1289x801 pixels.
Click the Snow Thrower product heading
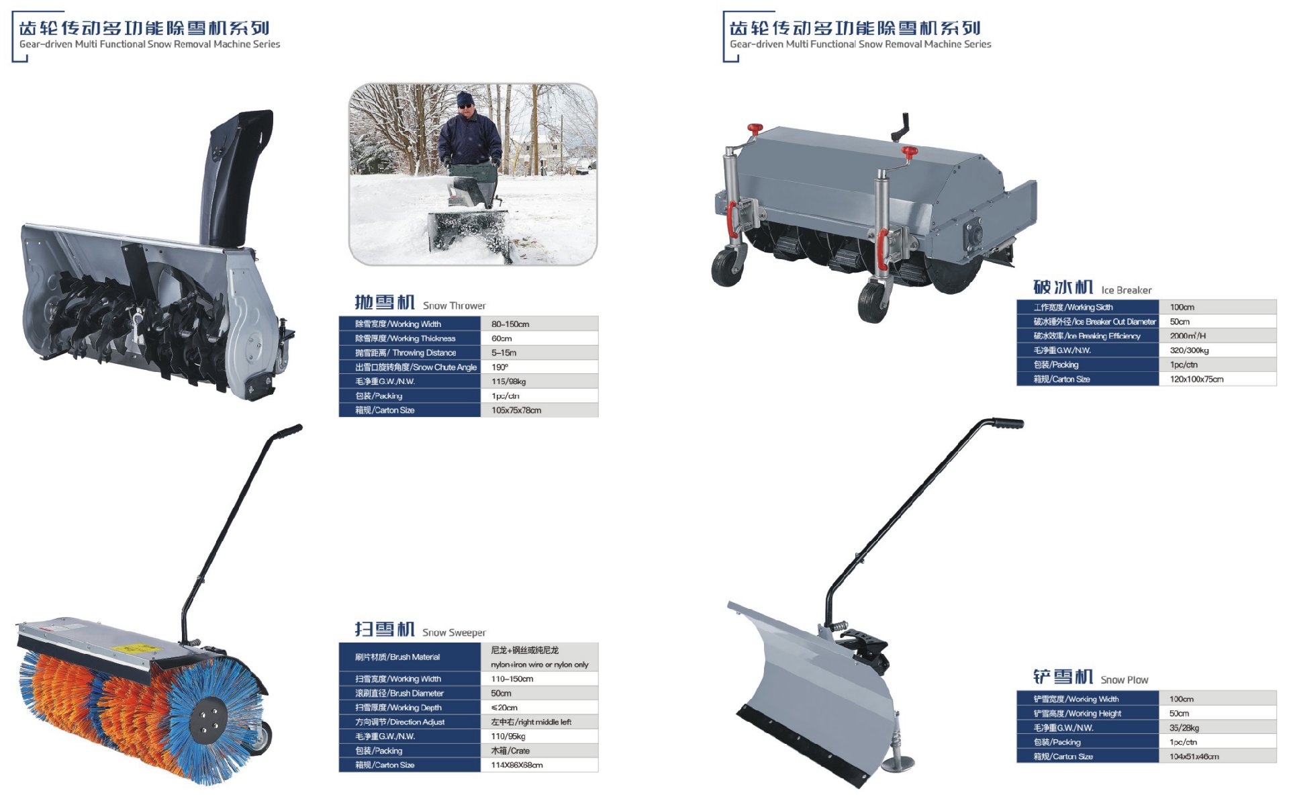pos(420,303)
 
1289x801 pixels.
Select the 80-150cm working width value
pos(510,324)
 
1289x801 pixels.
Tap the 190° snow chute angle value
pos(499,367)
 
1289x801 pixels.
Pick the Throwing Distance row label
pos(405,352)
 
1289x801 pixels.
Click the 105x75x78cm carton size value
pos(516,410)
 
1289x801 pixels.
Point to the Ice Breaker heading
pos(1092,287)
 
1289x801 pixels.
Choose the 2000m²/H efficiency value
pos(1188,336)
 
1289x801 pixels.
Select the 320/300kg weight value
pos(1189,350)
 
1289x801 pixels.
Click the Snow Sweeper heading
pos(420,630)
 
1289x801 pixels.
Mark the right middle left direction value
pos(531,722)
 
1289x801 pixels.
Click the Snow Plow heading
pos(1090,677)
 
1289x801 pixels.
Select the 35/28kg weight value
pos(1184,728)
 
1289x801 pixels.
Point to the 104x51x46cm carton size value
pos(1194,757)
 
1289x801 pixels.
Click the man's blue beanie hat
pos(465,99)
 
